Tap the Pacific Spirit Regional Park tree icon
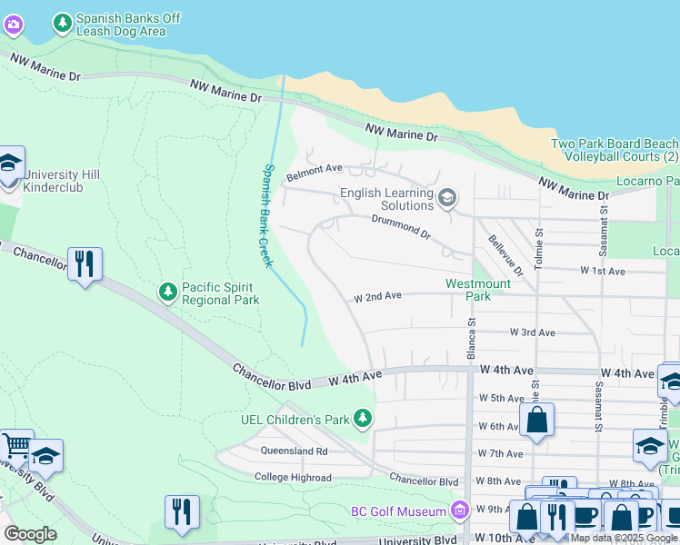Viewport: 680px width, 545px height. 167,292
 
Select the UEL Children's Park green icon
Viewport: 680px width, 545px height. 364,419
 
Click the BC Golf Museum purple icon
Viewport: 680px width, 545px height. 460,511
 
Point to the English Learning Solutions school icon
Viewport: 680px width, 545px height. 446,198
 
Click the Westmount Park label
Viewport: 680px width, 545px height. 477,290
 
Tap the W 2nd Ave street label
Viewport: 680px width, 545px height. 377,296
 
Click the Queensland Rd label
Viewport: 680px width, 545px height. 293,451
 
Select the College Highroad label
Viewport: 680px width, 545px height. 293,477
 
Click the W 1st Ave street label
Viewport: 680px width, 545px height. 603,271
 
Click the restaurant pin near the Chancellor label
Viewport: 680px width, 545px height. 85,264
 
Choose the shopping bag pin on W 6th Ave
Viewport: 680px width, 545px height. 536,421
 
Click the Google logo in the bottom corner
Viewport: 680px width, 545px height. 30,534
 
